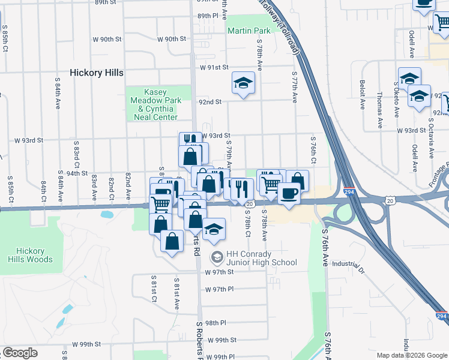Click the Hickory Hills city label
pyautogui.click(x=97, y=73)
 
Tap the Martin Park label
pyautogui.click(x=249, y=30)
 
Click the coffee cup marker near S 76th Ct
pyautogui.click(x=289, y=193)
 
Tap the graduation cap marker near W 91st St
pyautogui.click(x=243, y=83)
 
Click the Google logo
pyautogui.click(x=20, y=352)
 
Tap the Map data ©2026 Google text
pyautogui.click(x=412, y=355)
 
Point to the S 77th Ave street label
pyautogui.click(x=294, y=88)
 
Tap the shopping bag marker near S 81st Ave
pyautogui.click(x=172, y=242)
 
